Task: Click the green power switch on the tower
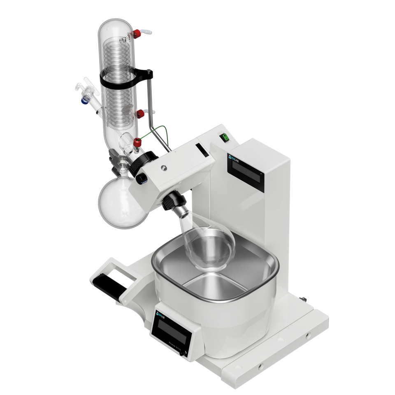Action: (225, 138)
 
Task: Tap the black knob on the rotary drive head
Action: (142, 178)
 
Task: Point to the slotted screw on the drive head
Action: (164, 167)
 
